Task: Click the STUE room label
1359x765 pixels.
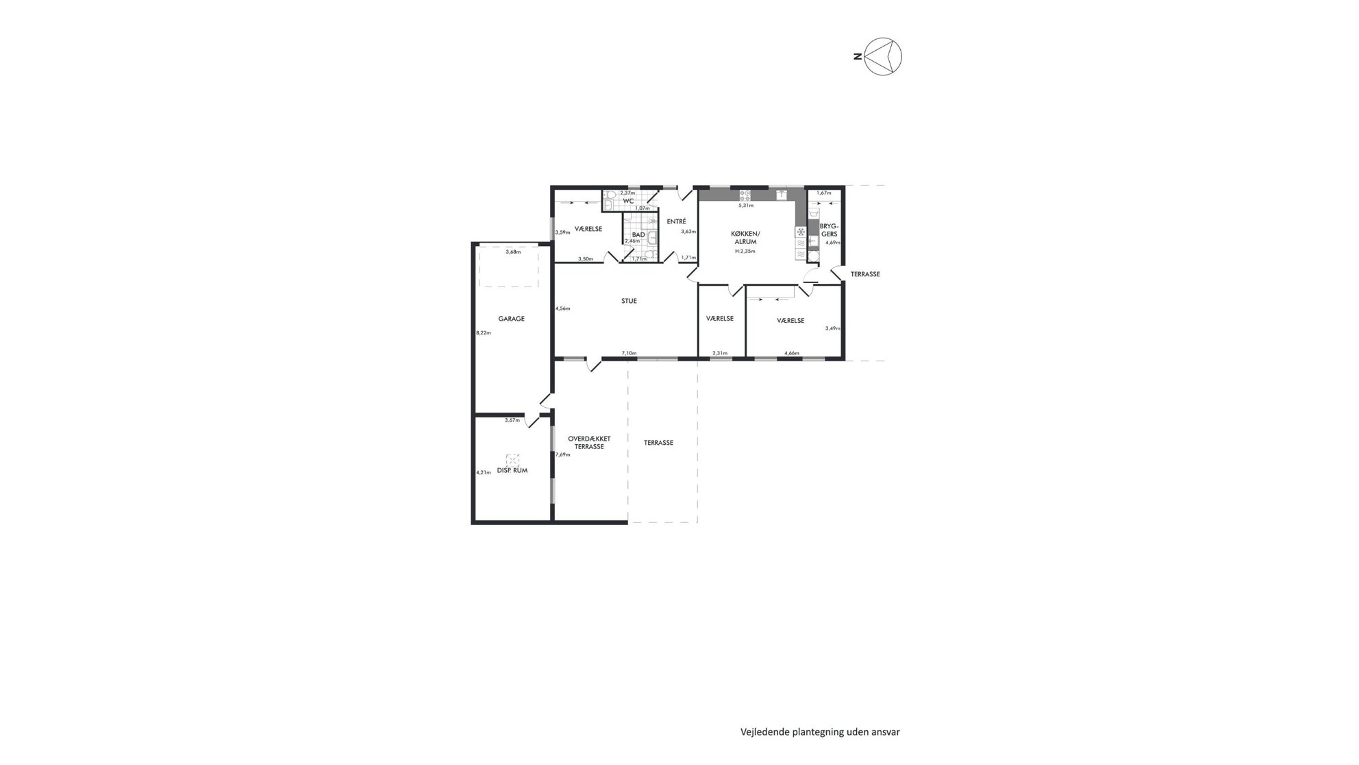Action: point(629,301)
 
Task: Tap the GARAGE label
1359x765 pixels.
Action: point(511,319)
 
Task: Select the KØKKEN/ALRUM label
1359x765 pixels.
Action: point(745,237)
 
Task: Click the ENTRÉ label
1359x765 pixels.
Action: point(676,221)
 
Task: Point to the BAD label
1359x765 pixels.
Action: point(638,234)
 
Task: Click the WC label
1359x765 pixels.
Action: point(628,201)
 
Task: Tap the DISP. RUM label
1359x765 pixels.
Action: point(512,471)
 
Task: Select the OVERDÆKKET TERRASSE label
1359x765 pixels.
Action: point(589,443)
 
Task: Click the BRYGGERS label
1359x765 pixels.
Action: point(829,230)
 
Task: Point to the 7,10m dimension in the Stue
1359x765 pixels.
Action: point(629,353)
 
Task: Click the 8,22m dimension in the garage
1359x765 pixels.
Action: point(484,332)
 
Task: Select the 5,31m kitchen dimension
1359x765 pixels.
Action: point(745,205)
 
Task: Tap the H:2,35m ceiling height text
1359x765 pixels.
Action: point(745,251)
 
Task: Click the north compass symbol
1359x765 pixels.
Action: point(883,56)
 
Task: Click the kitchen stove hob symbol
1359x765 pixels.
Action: point(745,195)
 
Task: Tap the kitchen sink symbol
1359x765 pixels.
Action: point(781,195)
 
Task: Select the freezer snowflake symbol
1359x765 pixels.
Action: point(801,232)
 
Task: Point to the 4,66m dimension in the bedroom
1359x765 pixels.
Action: point(792,353)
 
